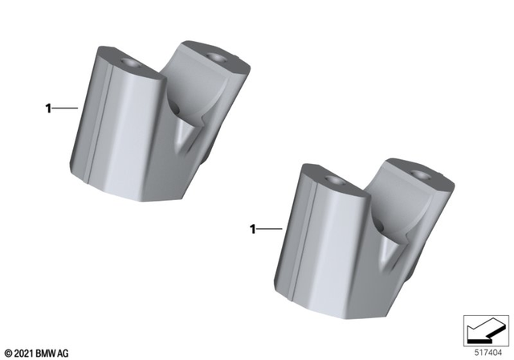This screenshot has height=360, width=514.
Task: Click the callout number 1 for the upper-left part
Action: pos(48,107)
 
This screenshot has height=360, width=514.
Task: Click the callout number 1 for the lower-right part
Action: pos(253,230)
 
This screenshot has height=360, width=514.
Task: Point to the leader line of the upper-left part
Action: pos(65,107)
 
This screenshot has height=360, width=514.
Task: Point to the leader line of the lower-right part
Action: pos(270,230)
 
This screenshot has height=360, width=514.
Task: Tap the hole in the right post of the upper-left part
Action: pos(214,56)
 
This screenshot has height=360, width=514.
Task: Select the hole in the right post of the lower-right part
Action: pos(418,172)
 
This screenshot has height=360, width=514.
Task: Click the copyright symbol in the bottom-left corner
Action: pos(8,353)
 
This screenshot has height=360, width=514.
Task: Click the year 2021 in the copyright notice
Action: pos(23,353)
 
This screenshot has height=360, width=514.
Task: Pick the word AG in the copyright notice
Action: pos(64,353)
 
